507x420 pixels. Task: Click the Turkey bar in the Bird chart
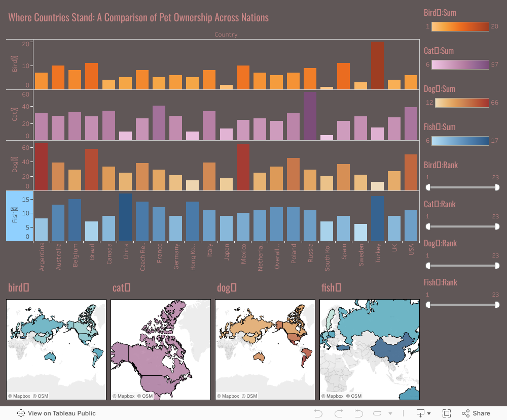[378, 66]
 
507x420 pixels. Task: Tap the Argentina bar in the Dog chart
[42, 167]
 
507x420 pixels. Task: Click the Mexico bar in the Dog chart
[243, 167]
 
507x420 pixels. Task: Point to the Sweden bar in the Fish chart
[361, 232]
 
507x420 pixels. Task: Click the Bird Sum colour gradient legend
[460, 26]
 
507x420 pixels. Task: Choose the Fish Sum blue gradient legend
[460, 141]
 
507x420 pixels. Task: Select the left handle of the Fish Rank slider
[428, 305]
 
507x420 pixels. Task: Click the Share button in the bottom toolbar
[476, 413]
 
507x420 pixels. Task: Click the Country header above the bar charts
[226, 35]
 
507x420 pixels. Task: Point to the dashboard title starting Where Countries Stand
[138, 18]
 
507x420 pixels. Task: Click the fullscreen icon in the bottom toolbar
[447, 413]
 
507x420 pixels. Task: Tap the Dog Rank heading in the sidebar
[440, 243]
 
